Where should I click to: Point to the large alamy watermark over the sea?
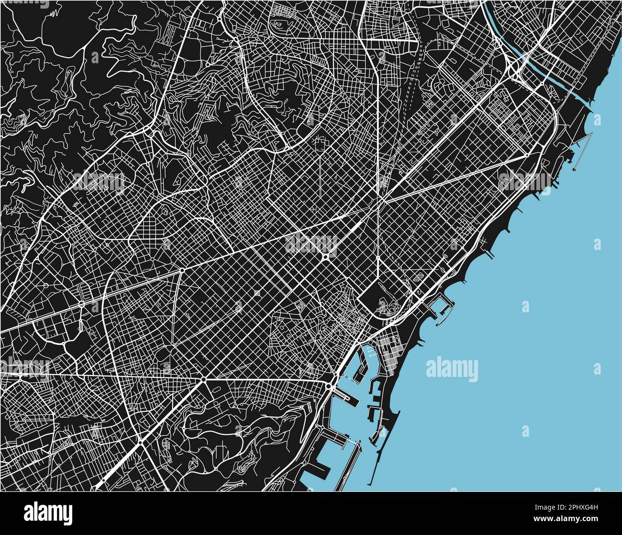coord(452,369)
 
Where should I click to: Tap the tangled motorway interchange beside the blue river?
coord(517,67)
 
